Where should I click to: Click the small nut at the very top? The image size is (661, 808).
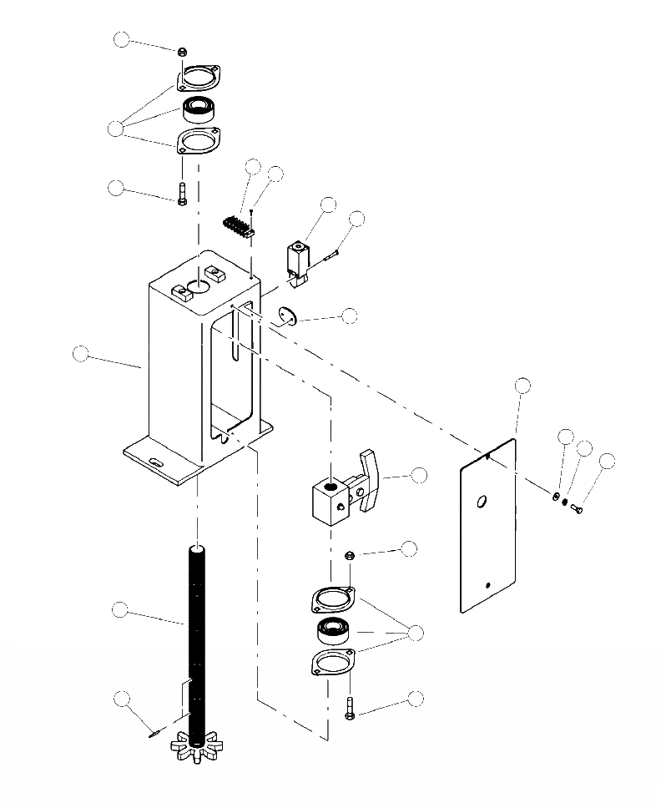[182, 52]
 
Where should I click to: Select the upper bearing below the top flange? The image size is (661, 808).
[199, 108]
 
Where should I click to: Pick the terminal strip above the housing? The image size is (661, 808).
[237, 225]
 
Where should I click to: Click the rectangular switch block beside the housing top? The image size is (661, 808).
[297, 255]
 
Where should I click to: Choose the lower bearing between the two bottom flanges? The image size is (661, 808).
[336, 632]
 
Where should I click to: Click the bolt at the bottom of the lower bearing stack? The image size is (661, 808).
[349, 709]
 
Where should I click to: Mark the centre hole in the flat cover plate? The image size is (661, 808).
[481, 502]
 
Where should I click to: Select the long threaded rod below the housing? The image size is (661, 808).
[195, 634]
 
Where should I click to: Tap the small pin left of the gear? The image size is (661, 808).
[154, 735]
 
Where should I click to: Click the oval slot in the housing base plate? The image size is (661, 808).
[155, 461]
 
